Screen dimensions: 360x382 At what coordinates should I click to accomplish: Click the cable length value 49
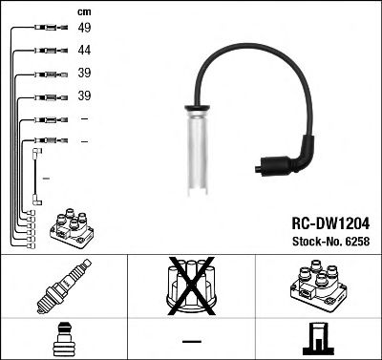coord(84,28)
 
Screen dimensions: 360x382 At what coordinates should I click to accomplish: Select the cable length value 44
coord(84,51)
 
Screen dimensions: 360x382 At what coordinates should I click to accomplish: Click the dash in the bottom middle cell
coord(190,340)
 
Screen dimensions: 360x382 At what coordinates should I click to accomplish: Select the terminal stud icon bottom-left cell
coord(63,339)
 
